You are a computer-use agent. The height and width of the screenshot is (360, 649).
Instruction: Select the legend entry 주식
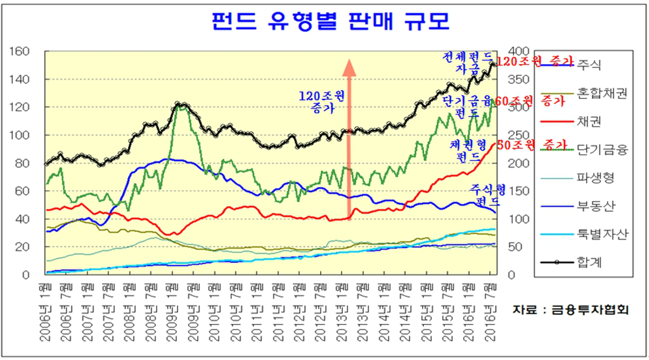(589, 65)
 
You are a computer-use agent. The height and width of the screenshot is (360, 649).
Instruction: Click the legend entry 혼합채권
(601, 93)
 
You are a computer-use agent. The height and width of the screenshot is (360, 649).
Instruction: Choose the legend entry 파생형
(595, 178)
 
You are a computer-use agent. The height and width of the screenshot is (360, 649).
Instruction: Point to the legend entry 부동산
(595, 206)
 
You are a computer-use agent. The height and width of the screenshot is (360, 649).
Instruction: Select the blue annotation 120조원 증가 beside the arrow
(323, 102)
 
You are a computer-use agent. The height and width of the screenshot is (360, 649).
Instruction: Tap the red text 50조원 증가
(531, 145)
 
